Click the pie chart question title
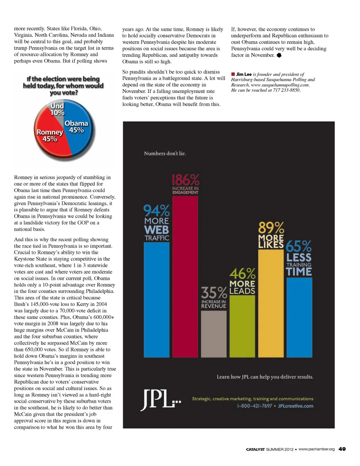[63, 86]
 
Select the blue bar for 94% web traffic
[156, 300]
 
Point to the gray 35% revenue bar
[213, 334]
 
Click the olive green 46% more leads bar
[242, 326]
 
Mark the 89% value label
[271, 228]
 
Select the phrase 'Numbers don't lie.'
[165, 153]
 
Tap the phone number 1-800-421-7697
[254, 406]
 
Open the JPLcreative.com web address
[295, 406]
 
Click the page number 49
[342, 449]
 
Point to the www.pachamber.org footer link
[316, 449]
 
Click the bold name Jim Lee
[244, 74]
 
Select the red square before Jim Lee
[233, 74]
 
